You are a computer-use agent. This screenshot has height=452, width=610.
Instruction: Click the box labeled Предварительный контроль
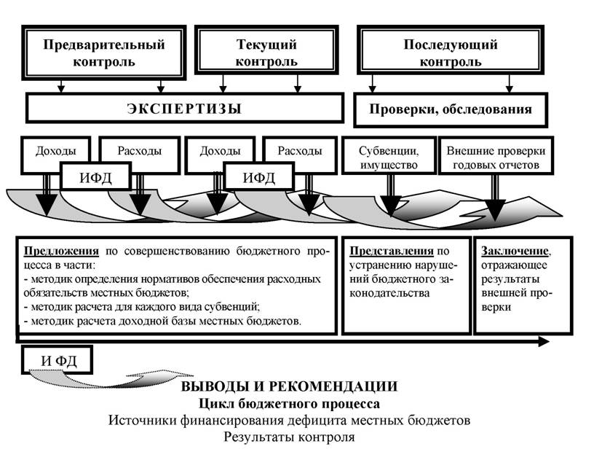(104, 52)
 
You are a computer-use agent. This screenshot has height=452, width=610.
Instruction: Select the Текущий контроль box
(266, 50)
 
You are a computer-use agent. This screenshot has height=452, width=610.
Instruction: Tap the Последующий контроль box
(451, 50)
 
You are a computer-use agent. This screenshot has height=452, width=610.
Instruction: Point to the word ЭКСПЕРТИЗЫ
(184, 109)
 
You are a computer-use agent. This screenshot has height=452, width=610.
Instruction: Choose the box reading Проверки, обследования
(451, 110)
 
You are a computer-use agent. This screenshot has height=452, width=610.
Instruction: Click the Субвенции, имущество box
(389, 155)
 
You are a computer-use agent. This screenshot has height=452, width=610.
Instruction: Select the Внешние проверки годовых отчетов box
(496, 155)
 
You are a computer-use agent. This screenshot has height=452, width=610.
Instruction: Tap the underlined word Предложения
(61, 251)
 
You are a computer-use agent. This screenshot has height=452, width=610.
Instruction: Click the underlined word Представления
(392, 251)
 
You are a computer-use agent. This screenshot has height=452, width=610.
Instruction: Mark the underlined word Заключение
(515, 251)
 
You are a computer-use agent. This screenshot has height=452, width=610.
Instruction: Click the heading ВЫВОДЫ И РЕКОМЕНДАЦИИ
(290, 386)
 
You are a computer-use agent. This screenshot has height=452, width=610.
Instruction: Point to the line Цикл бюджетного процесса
(290, 403)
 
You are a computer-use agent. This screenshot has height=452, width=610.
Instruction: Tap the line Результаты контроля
(290, 437)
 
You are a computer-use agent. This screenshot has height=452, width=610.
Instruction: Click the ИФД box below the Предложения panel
(58, 360)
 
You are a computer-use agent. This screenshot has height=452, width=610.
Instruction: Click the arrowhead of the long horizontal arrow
(544, 342)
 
